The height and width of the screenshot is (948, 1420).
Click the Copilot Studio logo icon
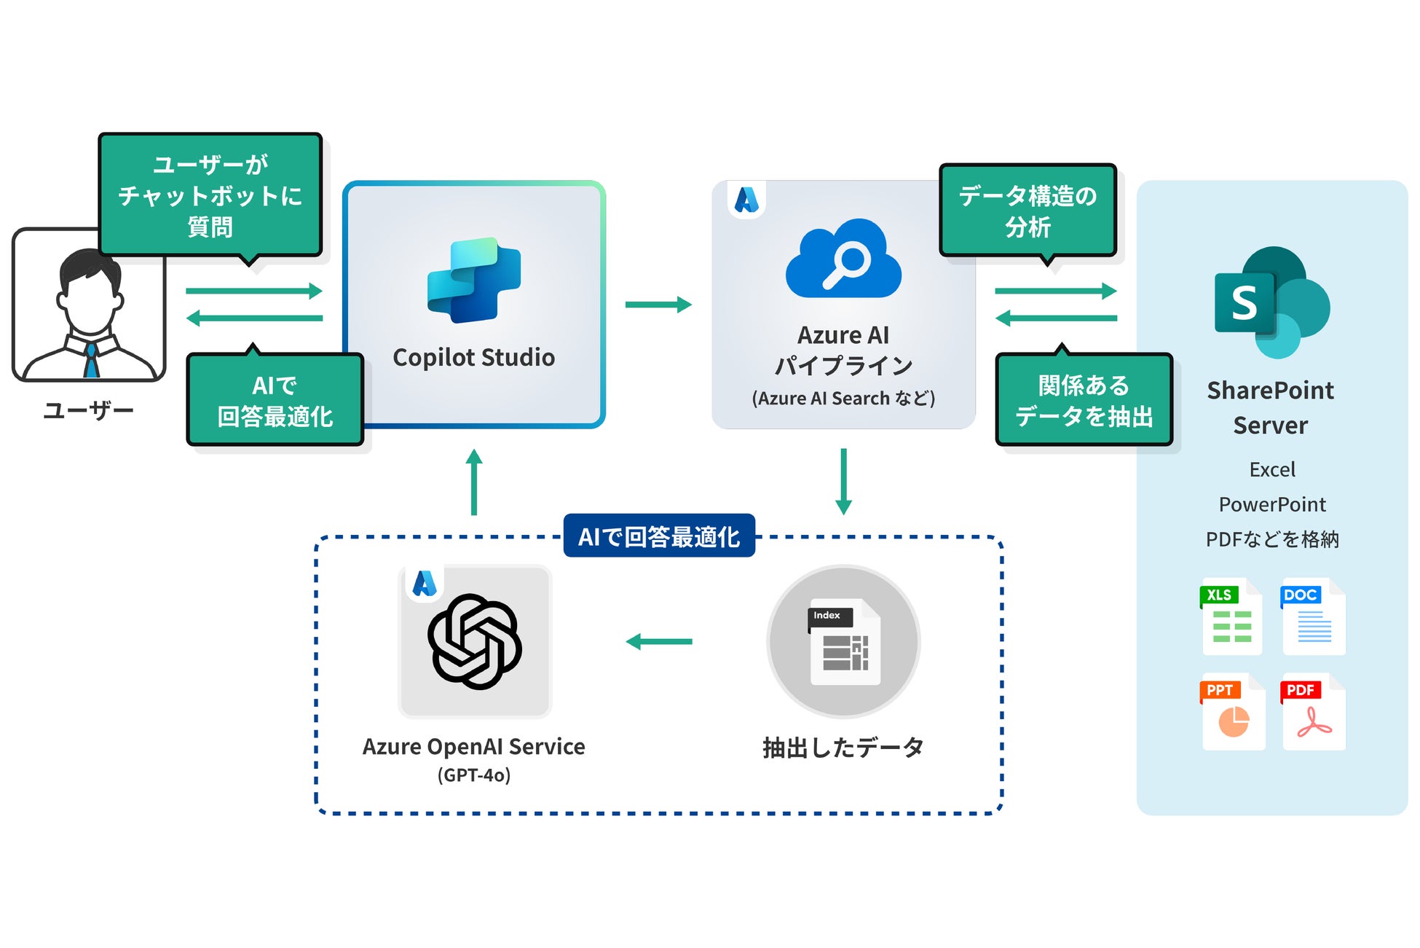click(x=474, y=280)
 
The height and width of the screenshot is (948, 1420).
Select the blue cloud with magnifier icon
click(x=843, y=258)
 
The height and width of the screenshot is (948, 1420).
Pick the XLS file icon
click(x=1231, y=616)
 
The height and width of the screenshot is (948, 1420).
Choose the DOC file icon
click(x=1313, y=616)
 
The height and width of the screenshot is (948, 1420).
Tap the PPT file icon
click(x=1232, y=712)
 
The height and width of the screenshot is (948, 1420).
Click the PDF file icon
click(x=1313, y=712)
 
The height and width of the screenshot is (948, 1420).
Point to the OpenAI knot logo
click(x=475, y=642)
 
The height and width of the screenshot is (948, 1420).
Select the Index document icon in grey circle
click(x=844, y=642)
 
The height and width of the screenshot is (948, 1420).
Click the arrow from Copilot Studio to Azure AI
click(x=658, y=305)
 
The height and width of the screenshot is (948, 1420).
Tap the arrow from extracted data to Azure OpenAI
click(x=659, y=642)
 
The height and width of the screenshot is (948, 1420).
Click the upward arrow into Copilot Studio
click(x=474, y=482)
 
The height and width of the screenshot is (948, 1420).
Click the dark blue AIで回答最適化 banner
click(x=659, y=536)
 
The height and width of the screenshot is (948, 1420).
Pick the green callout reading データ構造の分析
click(x=1028, y=211)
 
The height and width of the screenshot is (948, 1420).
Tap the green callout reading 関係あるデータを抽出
click(x=1084, y=399)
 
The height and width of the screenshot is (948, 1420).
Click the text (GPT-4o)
click(x=474, y=775)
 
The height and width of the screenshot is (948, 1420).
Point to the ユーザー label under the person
click(x=89, y=411)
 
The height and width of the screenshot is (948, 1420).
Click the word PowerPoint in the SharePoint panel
click(x=1272, y=505)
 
